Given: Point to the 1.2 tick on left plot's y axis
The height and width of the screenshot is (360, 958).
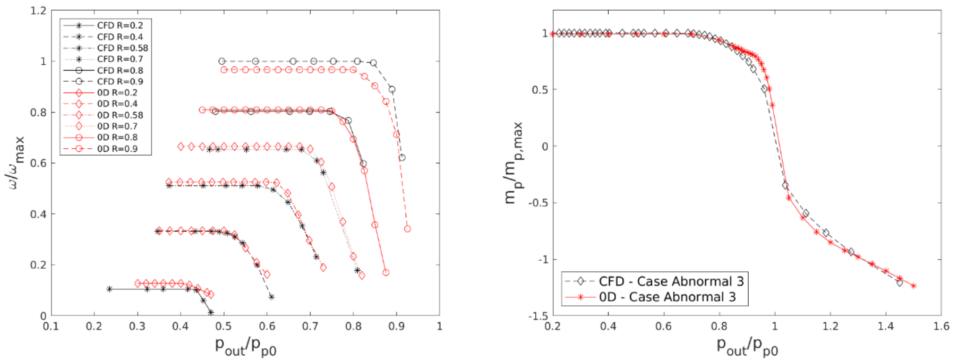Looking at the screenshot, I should click(39, 11).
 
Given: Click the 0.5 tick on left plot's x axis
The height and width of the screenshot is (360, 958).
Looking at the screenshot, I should click(224, 326).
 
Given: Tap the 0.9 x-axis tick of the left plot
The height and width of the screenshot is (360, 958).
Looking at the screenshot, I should click(396, 326).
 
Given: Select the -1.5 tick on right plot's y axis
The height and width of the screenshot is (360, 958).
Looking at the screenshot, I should click(538, 316).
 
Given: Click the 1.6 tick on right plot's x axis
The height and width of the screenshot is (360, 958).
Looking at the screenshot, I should click(941, 326).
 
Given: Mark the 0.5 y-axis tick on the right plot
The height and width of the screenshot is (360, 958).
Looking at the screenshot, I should click(540, 90).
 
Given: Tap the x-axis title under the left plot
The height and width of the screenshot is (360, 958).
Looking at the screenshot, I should click(245, 346).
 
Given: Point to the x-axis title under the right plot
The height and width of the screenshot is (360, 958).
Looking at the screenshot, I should click(747, 346).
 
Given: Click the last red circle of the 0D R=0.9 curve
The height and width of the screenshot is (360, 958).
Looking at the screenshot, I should click(407, 229).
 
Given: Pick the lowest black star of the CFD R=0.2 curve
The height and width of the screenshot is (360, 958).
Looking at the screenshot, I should click(211, 312).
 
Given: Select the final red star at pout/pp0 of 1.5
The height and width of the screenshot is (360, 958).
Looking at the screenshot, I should click(914, 286).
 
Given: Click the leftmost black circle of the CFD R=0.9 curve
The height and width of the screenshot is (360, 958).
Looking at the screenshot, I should click(222, 62).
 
